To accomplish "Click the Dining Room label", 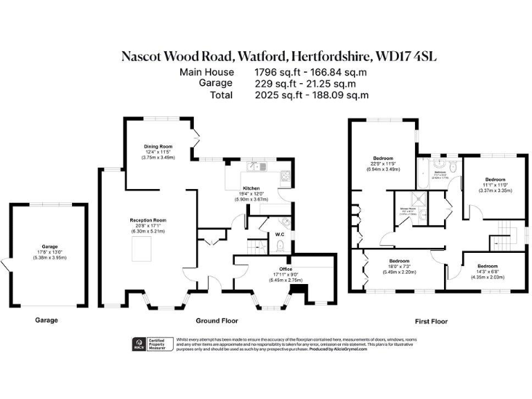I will tap(158, 146).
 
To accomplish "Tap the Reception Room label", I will tap(148, 220).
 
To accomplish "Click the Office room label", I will tap(285, 269).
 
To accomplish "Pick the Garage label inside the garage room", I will tap(48, 246).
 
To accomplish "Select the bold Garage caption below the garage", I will tap(46, 321).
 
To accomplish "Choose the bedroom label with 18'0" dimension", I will tap(399, 261).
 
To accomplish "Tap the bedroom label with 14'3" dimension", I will tap(487, 266).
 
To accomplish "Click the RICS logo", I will tap(139, 344).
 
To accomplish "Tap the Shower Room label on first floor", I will tap(407, 209).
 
